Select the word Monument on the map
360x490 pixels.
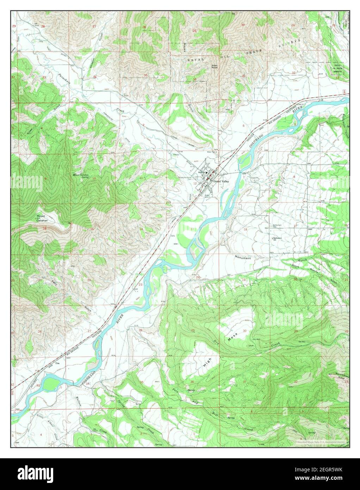(x=243, y=258)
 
